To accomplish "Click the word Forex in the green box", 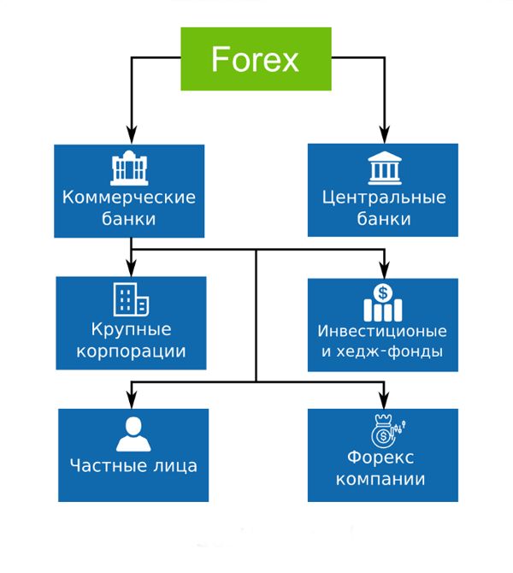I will point(255,59).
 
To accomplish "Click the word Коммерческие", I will point(129,198).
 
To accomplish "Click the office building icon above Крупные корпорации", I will point(131,299).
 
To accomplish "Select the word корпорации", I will point(131,350).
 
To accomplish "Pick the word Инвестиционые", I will point(382,330).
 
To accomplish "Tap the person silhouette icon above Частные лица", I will point(133,434).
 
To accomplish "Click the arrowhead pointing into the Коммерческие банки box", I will point(130,136).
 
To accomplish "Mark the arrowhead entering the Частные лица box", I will point(130,400).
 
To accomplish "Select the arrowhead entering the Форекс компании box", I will point(382,400).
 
